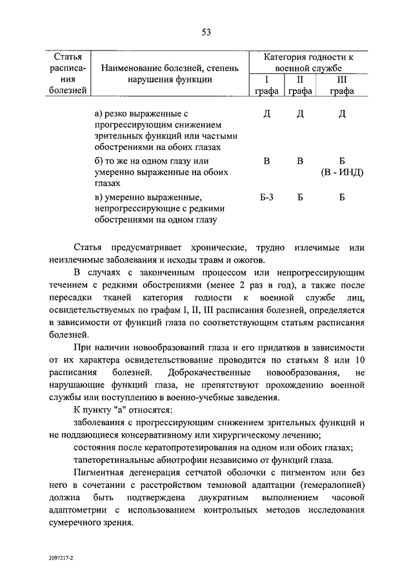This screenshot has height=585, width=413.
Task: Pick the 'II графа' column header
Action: pos(300,85)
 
